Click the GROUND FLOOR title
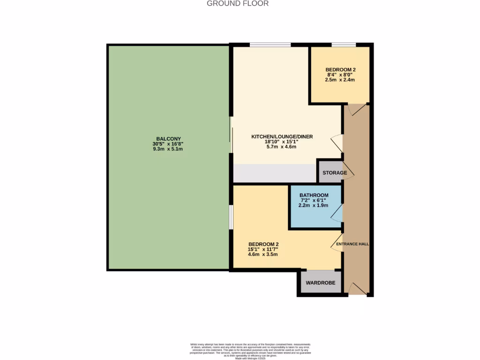point(238,4)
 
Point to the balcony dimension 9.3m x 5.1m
point(167,149)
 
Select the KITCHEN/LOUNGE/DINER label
point(282,136)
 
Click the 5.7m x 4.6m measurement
point(282,147)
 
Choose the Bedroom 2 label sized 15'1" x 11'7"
point(263,244)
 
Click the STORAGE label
point(335,173)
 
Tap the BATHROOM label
point(314,195)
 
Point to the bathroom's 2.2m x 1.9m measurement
point(314,205)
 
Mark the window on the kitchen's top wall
point(270,45)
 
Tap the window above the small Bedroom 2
point(344,45)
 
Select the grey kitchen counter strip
point(275,173)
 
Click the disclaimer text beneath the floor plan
point(250,351)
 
